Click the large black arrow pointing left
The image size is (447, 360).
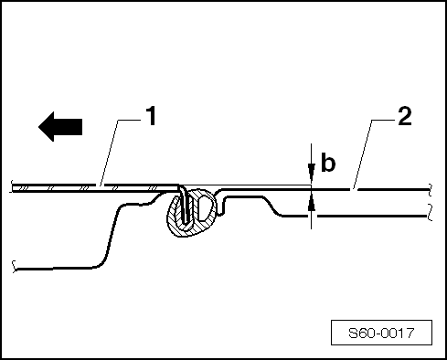[60, 125]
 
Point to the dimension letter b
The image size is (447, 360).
[325, 164]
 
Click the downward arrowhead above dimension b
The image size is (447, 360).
[312, 179]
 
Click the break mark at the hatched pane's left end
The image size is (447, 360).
[12, 187]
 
